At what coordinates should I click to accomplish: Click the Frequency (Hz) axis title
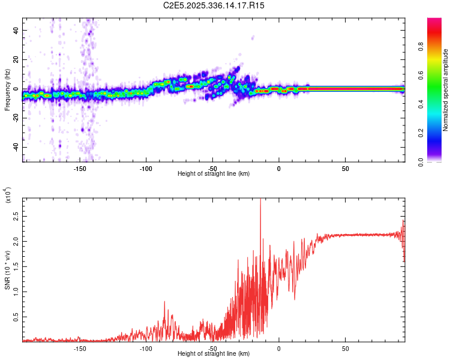[x=7, y=90]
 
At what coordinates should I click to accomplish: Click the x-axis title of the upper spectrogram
[x=214, y=174]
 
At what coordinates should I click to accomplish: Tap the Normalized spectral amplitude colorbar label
[x=445, y=90]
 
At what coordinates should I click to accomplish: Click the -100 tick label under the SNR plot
[x=146, y=348]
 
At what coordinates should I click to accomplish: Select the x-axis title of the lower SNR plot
[x=214, y=354]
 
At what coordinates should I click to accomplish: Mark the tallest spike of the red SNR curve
[x=260, y=200]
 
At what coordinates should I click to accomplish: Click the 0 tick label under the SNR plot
[x=278, y=348]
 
